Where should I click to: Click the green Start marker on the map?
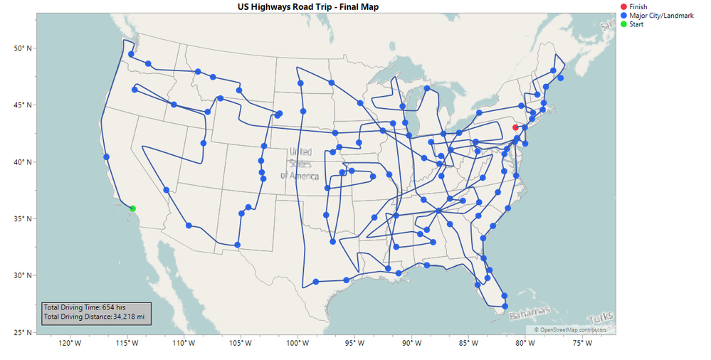click(x=132, y=208)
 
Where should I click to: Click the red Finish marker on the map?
click(x=515, y=127)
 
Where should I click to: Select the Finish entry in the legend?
click(x=638, y=6)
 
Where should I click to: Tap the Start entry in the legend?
click(x=637, y=24)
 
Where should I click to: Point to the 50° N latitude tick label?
click(x=23, y=48)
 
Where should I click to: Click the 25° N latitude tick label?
click(x=23, y=332)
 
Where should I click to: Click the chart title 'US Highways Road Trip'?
click(x=308, y=6)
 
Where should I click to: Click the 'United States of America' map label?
click(x=300, y=164)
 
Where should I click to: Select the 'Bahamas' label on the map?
click(x=530, y=312)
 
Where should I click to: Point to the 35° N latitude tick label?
click(x=23, y=219)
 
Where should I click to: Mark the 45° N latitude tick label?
click(x=23, y=105)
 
